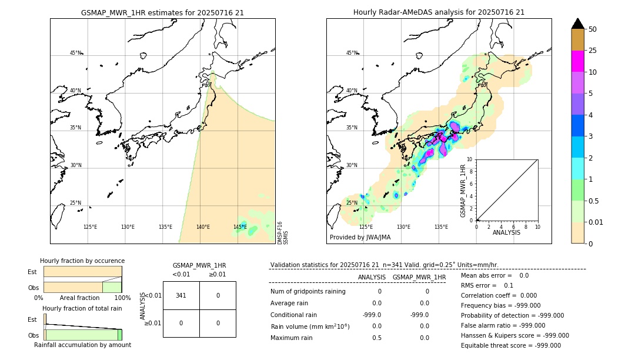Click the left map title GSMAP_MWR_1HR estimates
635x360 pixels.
coord(162,12)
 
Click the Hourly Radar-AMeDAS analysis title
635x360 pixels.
coord(439,12)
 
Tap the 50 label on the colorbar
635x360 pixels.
coord(593,29)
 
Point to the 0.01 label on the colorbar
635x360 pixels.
coord(597,222)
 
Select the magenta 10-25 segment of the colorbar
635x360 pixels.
coord(577,61)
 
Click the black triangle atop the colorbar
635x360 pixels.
coord(577,24)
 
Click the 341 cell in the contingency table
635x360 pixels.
coord(181,295)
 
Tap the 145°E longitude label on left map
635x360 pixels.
coord(240,227)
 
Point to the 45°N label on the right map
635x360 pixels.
coord(352,53)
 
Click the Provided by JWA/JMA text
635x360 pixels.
coord(360,238)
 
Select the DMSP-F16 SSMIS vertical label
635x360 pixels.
coord(282,233)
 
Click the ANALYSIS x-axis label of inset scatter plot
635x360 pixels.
coord(507,233)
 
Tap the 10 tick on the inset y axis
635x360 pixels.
coord(469,159)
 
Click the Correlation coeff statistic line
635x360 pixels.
coord(497,295)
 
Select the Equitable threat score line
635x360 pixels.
coord(511,345)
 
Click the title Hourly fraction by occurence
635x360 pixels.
coord(82,261)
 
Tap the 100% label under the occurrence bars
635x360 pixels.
coord(122,298)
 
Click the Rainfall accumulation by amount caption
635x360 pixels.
coord(82,345)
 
